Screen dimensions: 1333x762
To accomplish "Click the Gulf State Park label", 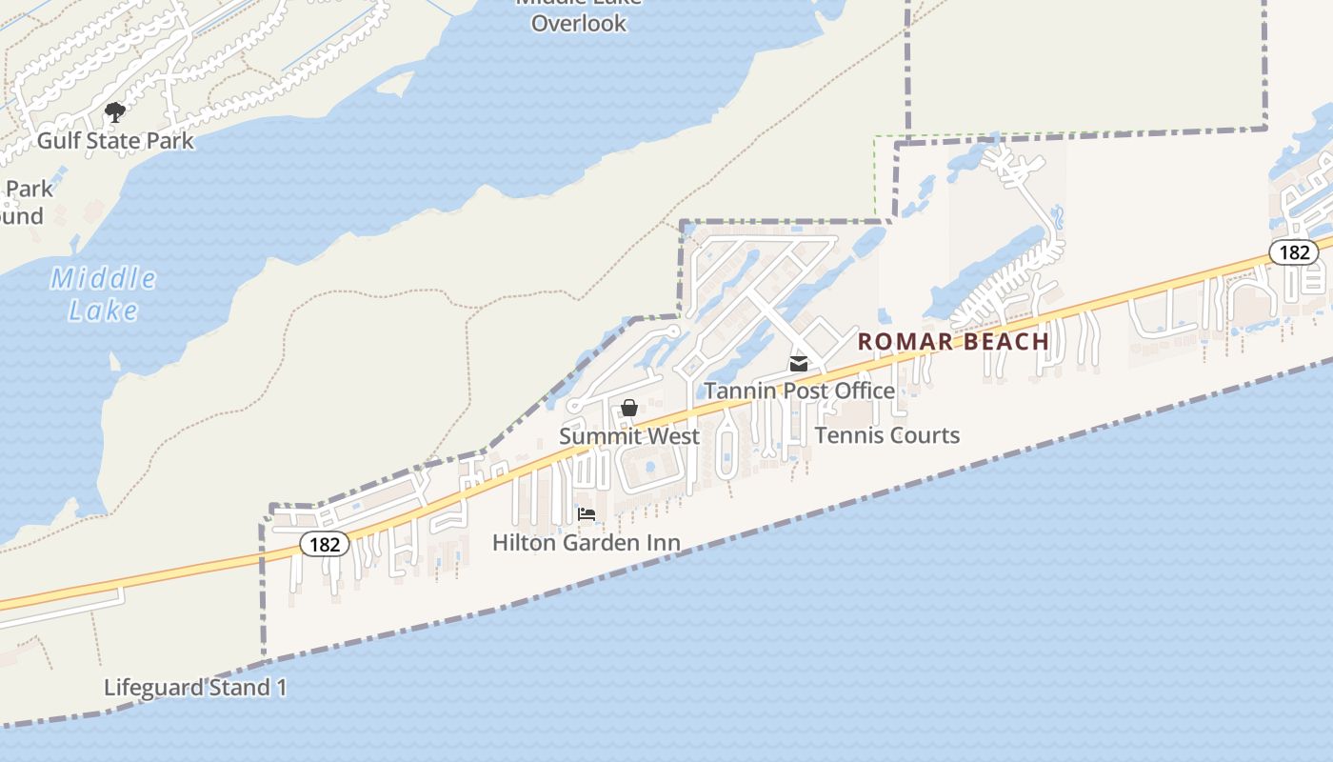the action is pos(115,141).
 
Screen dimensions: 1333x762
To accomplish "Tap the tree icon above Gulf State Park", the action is pos(115,113).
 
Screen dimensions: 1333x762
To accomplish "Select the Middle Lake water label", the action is pos(103,294).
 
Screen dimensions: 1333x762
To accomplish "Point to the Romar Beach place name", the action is pos(953,341).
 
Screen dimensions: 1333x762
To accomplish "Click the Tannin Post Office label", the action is pos(799,391).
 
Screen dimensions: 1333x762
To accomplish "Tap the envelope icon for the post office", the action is pos(799,363).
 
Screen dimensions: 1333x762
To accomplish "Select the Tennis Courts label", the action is pos(886,435).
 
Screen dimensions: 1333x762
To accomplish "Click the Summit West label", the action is pos(629,436).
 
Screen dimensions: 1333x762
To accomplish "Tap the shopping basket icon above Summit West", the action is pos(629,409).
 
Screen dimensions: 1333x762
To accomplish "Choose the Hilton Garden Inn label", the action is pos(586,543).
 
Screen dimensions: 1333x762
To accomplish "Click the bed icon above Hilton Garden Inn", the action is pos(587,514).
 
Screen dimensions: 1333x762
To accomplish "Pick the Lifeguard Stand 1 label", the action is pos(195,688).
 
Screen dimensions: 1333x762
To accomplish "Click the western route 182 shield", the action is pos(325,544).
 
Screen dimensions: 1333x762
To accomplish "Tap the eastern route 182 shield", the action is pos(1294,252).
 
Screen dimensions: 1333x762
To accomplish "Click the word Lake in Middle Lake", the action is pos(103,311).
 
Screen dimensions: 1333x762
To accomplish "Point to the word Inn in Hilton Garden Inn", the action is pos(664,543).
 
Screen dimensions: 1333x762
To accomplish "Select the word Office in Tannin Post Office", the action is pos(863,391).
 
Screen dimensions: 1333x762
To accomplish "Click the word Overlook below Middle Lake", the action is pos(579,23).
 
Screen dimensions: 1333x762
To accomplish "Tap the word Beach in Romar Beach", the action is pos(1006,341).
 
